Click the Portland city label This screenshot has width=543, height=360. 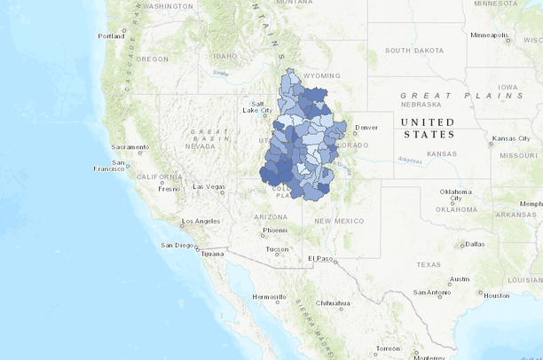coord(111,36)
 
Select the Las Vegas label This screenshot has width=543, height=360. coord(209,186)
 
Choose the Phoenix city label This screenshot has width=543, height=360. coord(275,231)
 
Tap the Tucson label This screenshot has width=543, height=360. coord(277,249)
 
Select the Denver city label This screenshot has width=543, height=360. coord(366,127)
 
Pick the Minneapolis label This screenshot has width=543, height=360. coord(489,35)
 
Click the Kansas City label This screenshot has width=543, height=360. coord(511,139)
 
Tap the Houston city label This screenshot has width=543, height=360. coord(496,295)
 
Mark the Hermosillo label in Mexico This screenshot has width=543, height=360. coord(270,296)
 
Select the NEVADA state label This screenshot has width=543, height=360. coord(203,147)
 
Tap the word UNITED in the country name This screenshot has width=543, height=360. coord(427,122)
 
